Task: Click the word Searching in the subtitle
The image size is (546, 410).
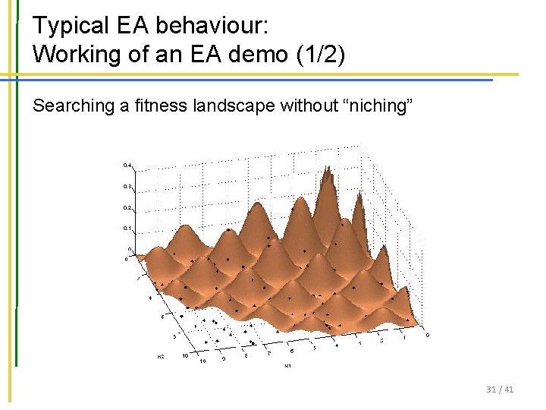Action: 72,106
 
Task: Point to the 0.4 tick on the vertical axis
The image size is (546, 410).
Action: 127,165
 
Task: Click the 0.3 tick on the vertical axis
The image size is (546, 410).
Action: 127,186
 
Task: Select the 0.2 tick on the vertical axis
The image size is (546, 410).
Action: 127,207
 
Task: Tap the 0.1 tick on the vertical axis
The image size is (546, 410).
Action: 127,228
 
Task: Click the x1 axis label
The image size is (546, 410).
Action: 287,366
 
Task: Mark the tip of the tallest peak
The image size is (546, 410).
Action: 326,168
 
